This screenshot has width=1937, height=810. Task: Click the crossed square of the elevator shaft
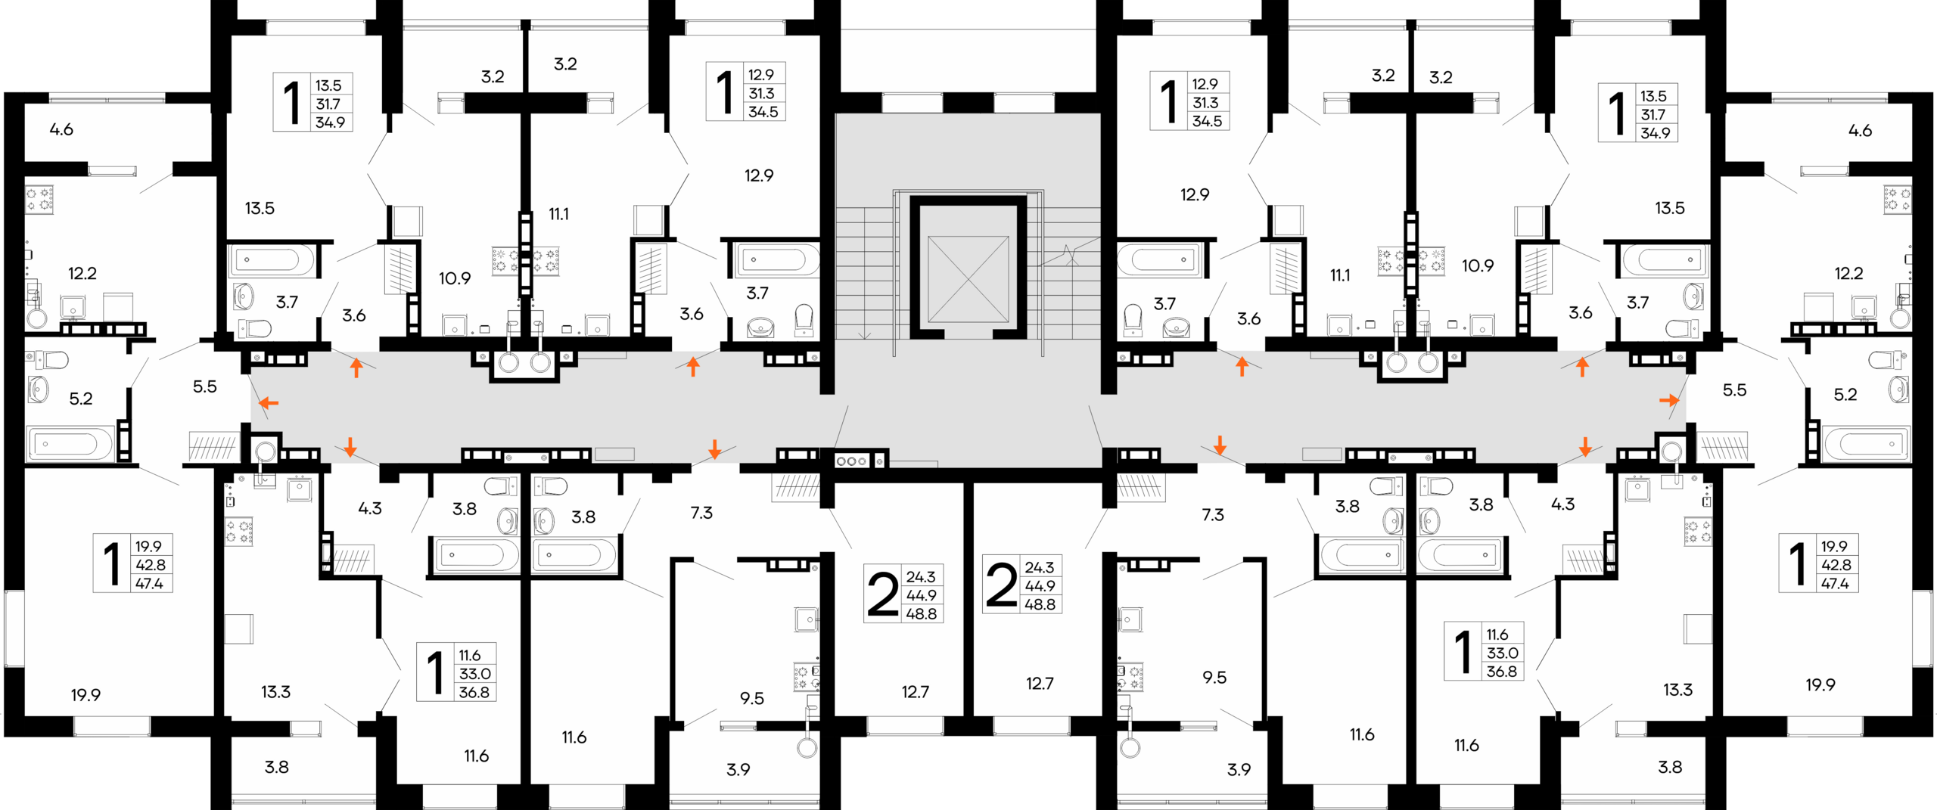[x=968, y=278]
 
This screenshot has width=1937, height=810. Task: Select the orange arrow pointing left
[x=269, y=402]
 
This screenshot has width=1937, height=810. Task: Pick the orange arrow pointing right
[x=1668, y=400]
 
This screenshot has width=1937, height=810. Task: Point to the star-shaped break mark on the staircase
[x=1069, y=254]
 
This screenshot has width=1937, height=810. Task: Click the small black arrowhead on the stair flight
[x=864, y=334]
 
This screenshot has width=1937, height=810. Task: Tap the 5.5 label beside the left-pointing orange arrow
[x=204, y=386]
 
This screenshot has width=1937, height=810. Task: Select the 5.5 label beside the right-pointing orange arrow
[x=1734, y=390]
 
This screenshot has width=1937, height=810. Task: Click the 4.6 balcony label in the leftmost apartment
[x=61, y=129]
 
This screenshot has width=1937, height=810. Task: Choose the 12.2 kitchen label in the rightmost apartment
[x=1848, y=273]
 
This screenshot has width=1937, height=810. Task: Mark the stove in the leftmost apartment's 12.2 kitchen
[x=39, y=200]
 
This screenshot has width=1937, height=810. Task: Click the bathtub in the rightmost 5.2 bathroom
[x=1867, y=444]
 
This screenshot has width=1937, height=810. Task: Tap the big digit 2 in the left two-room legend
[x=882, y=594]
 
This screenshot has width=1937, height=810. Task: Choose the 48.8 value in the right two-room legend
[x=1040, y=604]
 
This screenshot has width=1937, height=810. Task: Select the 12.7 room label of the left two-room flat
[x=915, y=692]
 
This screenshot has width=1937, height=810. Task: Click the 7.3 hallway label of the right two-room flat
[x=1213, y=515]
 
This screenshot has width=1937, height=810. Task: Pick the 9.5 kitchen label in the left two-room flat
[x=751, y=699]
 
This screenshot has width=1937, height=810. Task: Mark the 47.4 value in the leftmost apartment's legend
[x=149, y=583]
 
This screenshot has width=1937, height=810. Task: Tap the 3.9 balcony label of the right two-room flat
[x=1239, y=770]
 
